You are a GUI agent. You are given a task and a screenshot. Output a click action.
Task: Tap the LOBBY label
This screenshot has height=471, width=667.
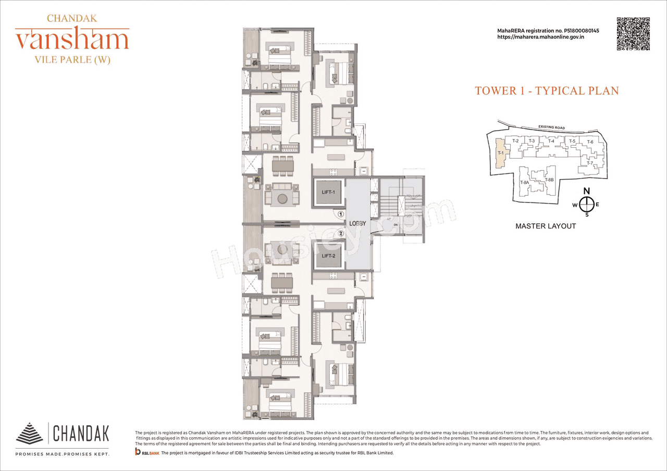[358, 224]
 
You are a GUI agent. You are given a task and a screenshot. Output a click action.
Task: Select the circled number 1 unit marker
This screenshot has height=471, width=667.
[340, 213]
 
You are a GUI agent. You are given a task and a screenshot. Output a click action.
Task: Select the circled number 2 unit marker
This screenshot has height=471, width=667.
[340, 234]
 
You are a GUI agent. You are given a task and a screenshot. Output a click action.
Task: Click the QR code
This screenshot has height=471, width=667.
[633, 34]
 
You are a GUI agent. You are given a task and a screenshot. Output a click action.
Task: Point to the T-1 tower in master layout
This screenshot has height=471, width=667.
[500, 153]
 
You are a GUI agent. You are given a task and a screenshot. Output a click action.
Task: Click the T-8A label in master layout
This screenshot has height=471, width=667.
[525, 183]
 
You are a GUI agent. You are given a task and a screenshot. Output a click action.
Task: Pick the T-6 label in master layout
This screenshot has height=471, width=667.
[590, 142]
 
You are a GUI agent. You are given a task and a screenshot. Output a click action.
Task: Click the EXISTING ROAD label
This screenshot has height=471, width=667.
[551, 127]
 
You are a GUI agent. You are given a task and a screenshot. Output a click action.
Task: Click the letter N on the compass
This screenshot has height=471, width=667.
[586, 191]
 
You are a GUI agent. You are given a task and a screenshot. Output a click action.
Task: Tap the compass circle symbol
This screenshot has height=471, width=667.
[587, 205]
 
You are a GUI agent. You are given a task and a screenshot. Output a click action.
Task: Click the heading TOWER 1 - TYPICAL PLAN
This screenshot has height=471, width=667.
[547, 91]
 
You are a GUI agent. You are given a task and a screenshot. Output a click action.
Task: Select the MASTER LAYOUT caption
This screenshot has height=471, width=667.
[546, 226]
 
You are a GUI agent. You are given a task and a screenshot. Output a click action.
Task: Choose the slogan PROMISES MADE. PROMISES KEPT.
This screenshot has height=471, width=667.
[62, 454]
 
